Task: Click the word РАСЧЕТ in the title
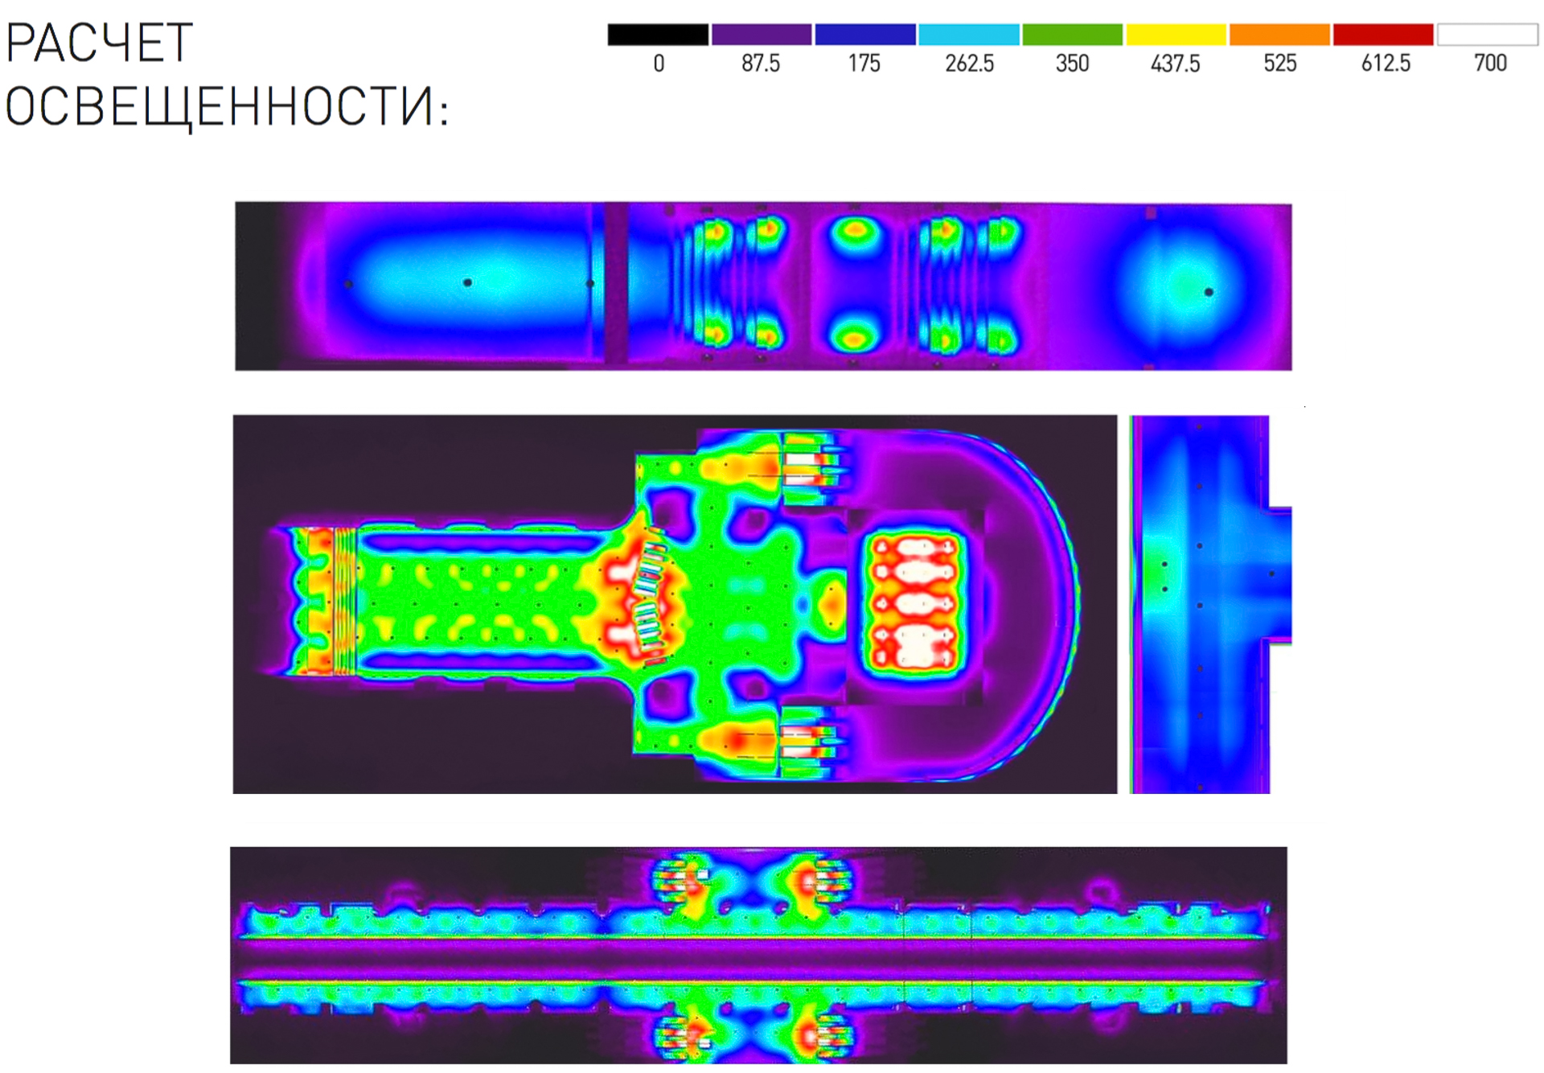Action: pos(99,43)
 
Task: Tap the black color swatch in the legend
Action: pos(658,35)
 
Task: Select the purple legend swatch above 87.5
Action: pos(762,35)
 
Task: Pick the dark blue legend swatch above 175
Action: pos(865,35)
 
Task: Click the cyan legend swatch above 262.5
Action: pos(969,35)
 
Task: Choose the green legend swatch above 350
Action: pos(1073,35)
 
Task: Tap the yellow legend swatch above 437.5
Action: pos(1176,35)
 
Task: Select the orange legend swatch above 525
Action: pos(1280,35)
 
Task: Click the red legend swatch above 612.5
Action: pos(1383,35)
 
